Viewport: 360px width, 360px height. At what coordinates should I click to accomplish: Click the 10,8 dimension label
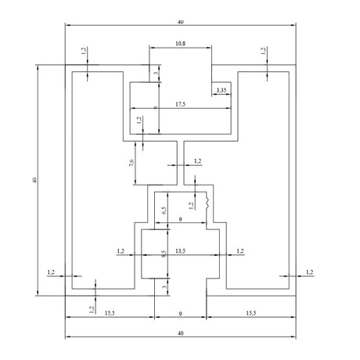[x=180, y=43]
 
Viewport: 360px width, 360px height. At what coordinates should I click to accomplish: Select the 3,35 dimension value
[x=221, y=90]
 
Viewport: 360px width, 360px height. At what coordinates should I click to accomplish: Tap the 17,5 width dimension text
[x=180, y=104]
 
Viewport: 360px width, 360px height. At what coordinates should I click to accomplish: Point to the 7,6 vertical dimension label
[x=131, y=163]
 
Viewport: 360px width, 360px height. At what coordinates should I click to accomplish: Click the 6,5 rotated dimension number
[x=164, y=211]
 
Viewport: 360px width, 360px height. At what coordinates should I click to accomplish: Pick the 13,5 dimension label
[x=180, y=251]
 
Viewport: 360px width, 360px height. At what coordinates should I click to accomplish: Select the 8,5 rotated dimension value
[x=164, y=254]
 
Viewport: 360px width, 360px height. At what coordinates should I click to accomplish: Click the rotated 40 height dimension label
[x=34, y=180]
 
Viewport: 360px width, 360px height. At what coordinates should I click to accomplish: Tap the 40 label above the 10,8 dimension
[x=180, y=22]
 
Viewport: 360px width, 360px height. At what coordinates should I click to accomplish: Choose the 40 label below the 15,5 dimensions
[x=180, y=333]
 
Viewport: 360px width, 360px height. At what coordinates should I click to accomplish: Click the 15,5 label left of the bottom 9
[x=110, y=313]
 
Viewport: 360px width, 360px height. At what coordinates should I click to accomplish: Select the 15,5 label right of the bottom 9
[x=251, y=313]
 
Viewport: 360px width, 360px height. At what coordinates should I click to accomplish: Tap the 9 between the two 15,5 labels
[x=180, y=314]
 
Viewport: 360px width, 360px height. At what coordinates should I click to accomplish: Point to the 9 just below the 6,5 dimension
[x=180, y=219]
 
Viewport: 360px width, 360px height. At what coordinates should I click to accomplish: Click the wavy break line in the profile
[x=207, y=203]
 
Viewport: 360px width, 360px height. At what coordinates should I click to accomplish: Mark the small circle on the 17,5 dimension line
[x=156, y=108]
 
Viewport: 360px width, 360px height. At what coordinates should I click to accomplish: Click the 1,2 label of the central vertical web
[x=198, y=161]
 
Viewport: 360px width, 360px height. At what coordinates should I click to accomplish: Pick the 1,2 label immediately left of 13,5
[x=121, y=251]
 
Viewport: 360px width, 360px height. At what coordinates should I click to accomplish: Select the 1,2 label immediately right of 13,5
[x=240, y=251]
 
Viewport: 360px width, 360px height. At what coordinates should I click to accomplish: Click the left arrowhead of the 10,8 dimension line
[x=152, y=48]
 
